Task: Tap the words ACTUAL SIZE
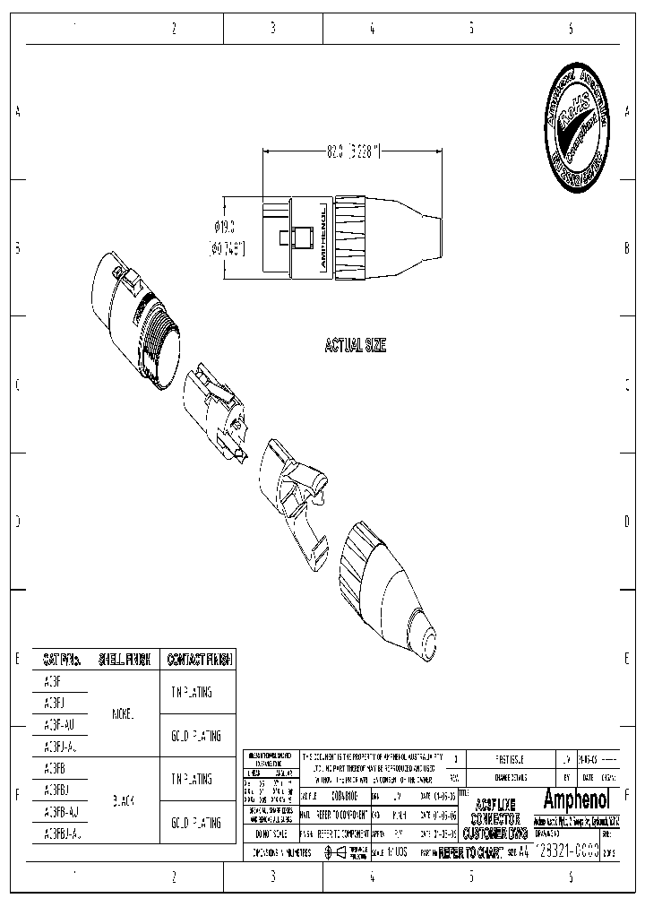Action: tap(355, 346)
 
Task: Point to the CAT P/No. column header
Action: tap(63, 660)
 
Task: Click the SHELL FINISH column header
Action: tap(124, 660)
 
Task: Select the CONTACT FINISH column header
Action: tap(197, 660)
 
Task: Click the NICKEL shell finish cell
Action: tap(123, 714)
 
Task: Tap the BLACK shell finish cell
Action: tap(123, 801)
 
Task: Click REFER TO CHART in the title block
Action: tap(471, 854)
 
